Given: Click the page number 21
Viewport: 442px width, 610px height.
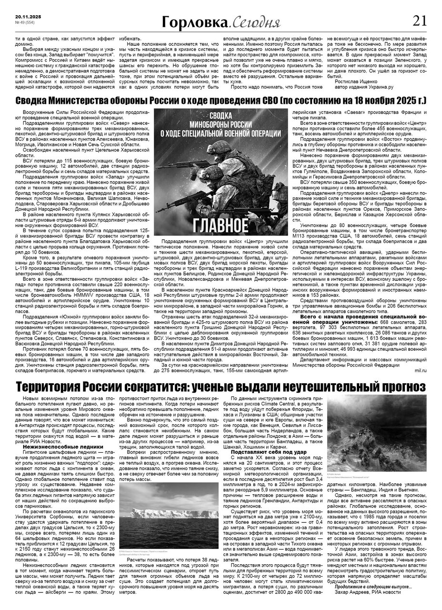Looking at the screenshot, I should (x=419, y=20).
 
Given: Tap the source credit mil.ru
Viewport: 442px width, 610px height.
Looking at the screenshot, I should (x=421, y=370).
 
